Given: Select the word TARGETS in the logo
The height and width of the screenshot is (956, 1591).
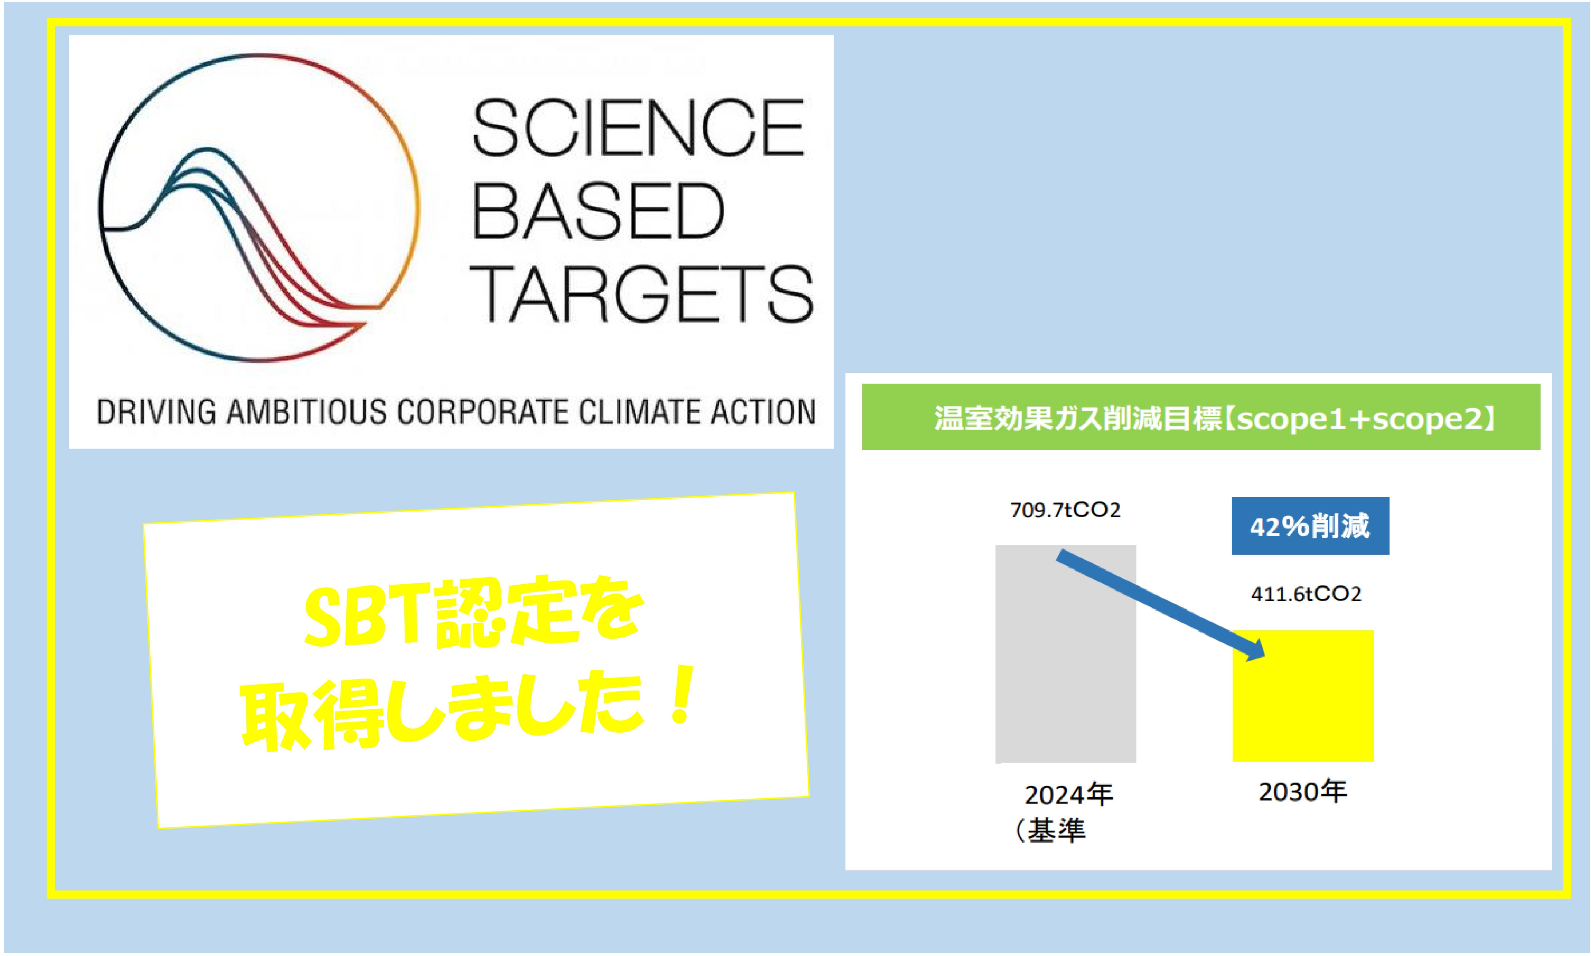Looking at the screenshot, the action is coord(641,294).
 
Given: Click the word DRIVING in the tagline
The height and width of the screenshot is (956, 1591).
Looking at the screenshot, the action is coord(157,412).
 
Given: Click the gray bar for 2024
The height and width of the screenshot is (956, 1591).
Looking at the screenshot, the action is coord(1066,654).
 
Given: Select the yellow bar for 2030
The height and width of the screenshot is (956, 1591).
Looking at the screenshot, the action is coord(1303,696).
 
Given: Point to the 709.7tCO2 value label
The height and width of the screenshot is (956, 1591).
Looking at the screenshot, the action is coord(1065,510).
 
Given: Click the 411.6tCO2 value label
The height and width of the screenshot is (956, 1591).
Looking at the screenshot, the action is coord(1306,594).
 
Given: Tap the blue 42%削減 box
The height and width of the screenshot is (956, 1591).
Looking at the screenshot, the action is coord(1310,526).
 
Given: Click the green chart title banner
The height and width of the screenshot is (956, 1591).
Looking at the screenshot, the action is coord(1201,417).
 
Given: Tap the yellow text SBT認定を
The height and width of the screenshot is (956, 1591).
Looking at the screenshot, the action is coord(474,612).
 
